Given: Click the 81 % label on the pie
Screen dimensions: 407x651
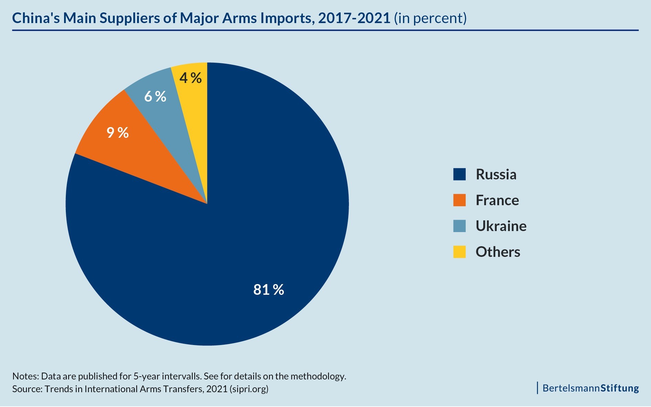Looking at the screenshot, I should pyautogui.click(x=269, y=290).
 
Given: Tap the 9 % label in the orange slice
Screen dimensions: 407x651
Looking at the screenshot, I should pyautogui.click(x=117, y=133).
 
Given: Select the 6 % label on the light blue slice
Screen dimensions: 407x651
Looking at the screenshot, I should pyautogui.click(x=155, y=97).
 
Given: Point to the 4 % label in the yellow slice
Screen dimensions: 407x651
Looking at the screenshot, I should pyautogui.click(x=190, y=78).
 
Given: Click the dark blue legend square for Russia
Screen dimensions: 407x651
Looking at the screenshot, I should pyautogui.click(x=459, y=174).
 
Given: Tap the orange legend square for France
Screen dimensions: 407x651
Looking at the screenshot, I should pyautogui.click(x=459, y=200).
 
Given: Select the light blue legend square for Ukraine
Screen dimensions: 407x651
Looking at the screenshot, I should pyautogui.click(x=459, y=226).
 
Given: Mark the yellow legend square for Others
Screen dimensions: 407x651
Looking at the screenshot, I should pyautogui.click(x=459, y=252).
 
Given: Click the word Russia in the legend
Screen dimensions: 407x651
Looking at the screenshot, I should pyautogui.click(x=496, y=174).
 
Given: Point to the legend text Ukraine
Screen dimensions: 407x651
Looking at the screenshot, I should pyautogui.click(x=501, y=226).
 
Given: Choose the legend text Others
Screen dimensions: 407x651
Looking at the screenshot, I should pyautogui.click(x=498, y=252).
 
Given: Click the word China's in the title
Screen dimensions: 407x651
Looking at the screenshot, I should pyautogui.click(x=36, y=18).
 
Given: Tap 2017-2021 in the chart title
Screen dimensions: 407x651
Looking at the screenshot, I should pyautogui.click(x=354, y=18).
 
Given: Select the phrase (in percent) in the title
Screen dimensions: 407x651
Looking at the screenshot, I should pyautogui.click(x=430, y=18).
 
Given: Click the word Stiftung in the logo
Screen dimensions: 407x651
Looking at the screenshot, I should pyautogui.click(x=620, y=388).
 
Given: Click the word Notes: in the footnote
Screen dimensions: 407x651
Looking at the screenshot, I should pyautogui.click(x=25, y=376).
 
